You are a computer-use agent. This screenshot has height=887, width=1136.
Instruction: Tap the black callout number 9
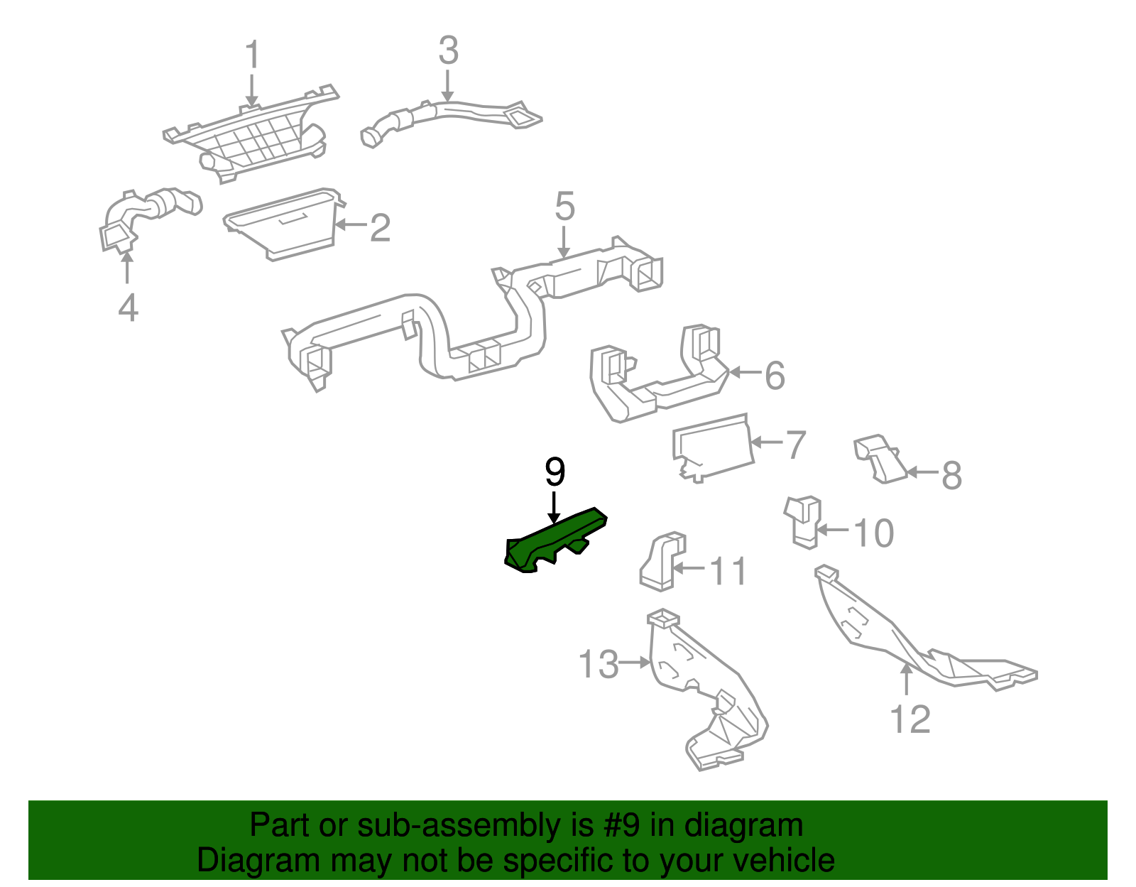point(555,472)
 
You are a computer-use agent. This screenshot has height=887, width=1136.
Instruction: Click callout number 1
point(252,55)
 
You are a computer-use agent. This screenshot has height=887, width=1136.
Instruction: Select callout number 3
point(448,51)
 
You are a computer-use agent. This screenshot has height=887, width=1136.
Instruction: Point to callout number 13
point(599,665)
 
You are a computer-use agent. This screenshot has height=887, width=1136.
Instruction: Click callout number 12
point(910,719)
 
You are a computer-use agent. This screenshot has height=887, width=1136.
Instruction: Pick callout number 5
point(564,207)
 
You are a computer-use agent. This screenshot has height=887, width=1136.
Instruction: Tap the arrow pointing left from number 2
point(350,225)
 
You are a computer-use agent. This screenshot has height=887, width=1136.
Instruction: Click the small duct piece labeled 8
point(880,459)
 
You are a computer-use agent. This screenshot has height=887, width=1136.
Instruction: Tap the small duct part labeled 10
point(803,522)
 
